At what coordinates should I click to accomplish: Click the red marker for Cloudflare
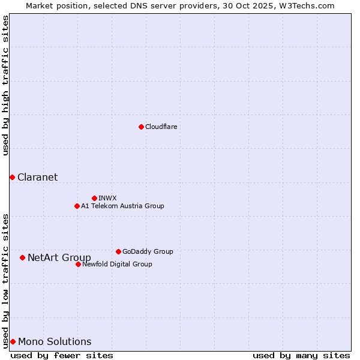coord(141,127)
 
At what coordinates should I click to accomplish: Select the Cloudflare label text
coord(161,127)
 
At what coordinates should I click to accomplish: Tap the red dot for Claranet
coord(12,177)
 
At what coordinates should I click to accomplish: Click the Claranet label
coord(37,177)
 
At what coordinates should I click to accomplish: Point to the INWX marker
coord(94,198)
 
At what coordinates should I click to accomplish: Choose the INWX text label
coord(107,198)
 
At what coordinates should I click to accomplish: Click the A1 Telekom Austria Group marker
coord(77,206)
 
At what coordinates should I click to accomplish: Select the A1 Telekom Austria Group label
coord(122,206)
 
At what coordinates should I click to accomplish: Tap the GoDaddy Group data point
coord(118,251)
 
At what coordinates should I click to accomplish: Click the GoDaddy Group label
coord(148,251)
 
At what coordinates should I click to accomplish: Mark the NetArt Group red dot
coord(22,257)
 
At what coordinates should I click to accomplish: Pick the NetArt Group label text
coord(59,258)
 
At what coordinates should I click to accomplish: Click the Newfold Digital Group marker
coord(78,264)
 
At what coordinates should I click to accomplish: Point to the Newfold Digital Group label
coord(117,264)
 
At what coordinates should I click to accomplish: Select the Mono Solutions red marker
coord(13,341)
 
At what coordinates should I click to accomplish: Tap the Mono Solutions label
coord(55,341)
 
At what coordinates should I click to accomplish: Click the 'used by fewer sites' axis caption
coord(62,355)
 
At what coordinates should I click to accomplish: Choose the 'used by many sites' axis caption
coord(301,355)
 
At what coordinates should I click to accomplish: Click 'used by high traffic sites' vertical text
coord(5,85)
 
